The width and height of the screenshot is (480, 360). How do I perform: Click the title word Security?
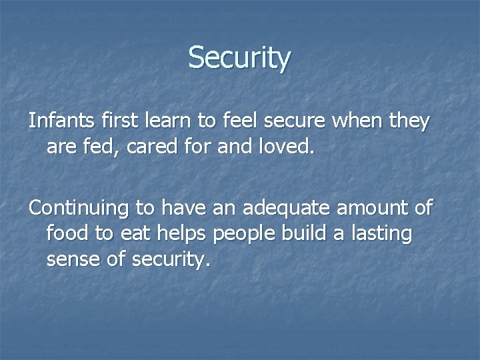239,58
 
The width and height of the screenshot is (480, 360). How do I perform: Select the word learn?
152,122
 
